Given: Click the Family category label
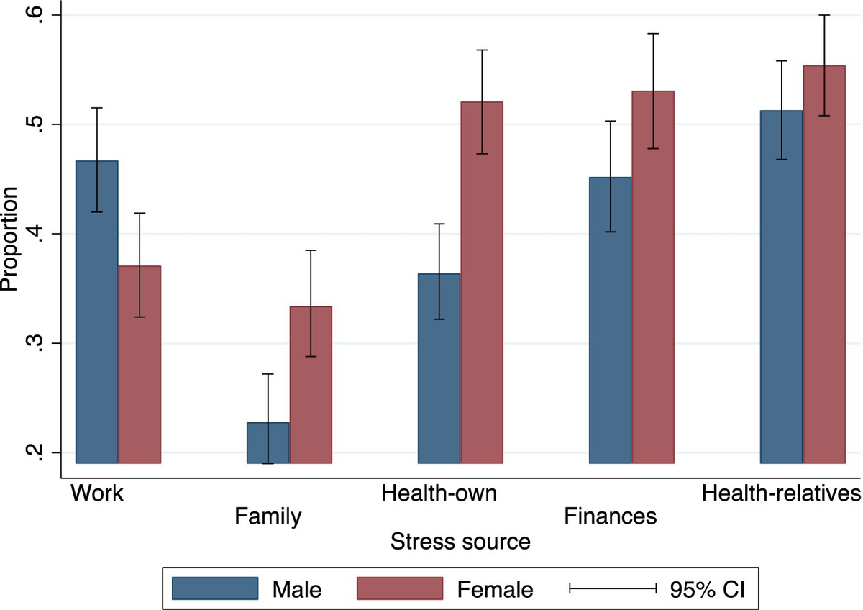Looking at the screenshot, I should pyautogui.click(x=268, y=516).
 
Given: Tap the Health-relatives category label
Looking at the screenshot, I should pyautogui.click(x=781, y=494).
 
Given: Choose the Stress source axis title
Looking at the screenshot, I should pyautogui.click(x=460, y=541).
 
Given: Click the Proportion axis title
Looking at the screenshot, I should pyautogui.click(x=10, y=240).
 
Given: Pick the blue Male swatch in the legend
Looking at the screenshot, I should pyautogui.click(x=215, y=588).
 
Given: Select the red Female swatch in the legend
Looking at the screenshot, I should pyautogui.click(x=400, y=588).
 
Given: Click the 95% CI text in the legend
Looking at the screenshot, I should pyautogui.click(x=708, y=589).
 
